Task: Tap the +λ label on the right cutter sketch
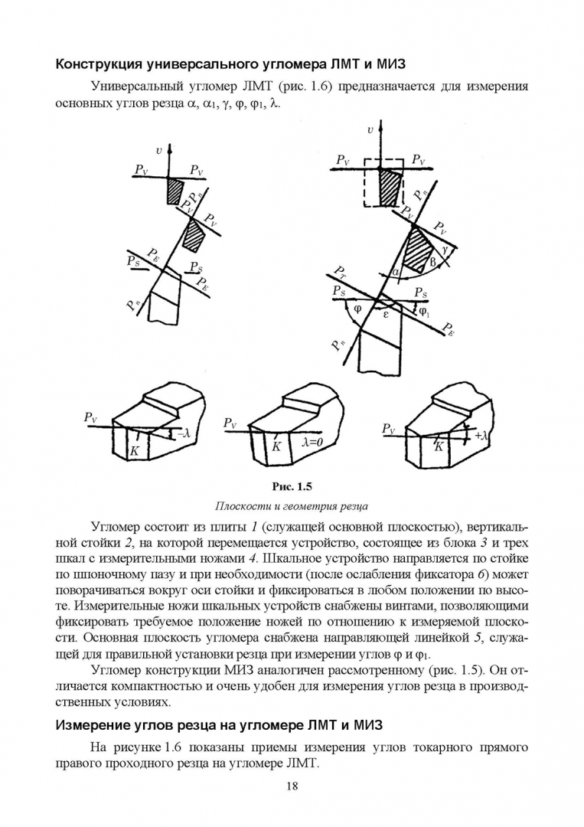click(x=482, y=435)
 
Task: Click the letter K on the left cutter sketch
click(x=134, y=452)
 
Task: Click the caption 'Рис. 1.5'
click(x=292, y=485)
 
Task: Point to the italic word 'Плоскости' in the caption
click(x=243, y=505)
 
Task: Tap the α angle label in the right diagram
click(x=395, y=272)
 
